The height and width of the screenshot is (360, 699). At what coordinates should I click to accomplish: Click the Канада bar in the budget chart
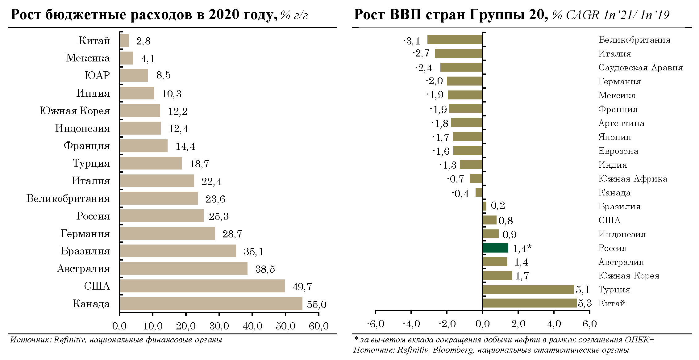[211, 303]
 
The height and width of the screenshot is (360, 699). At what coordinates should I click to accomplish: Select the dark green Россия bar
[495, 248]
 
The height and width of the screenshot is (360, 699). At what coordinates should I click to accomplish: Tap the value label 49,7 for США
[302, 287]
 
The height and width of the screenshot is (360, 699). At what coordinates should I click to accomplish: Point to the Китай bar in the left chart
[124, 40]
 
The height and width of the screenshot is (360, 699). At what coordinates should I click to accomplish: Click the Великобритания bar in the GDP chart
[455, 40]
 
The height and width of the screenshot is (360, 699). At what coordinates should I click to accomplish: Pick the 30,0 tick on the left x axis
[219, 326]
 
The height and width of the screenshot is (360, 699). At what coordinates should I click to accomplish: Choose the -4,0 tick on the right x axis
[411, 324]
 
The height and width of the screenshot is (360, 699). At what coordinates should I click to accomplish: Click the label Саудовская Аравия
[640, 68]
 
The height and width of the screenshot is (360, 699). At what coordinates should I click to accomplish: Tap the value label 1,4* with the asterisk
[522, 248]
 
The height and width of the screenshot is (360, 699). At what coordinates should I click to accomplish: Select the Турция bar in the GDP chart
[528, 289]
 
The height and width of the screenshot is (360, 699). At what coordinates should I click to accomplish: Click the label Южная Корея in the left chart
[75, 111]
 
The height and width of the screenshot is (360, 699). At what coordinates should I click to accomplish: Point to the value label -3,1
[412, 41]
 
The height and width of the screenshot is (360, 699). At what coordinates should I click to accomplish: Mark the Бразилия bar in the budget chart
[178, 251]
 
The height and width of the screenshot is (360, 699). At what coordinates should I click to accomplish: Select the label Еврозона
[618, 151]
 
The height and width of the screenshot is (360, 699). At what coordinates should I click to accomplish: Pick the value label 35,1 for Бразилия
[253, 252]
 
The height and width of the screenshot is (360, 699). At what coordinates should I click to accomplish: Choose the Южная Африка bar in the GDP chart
[476, 178]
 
